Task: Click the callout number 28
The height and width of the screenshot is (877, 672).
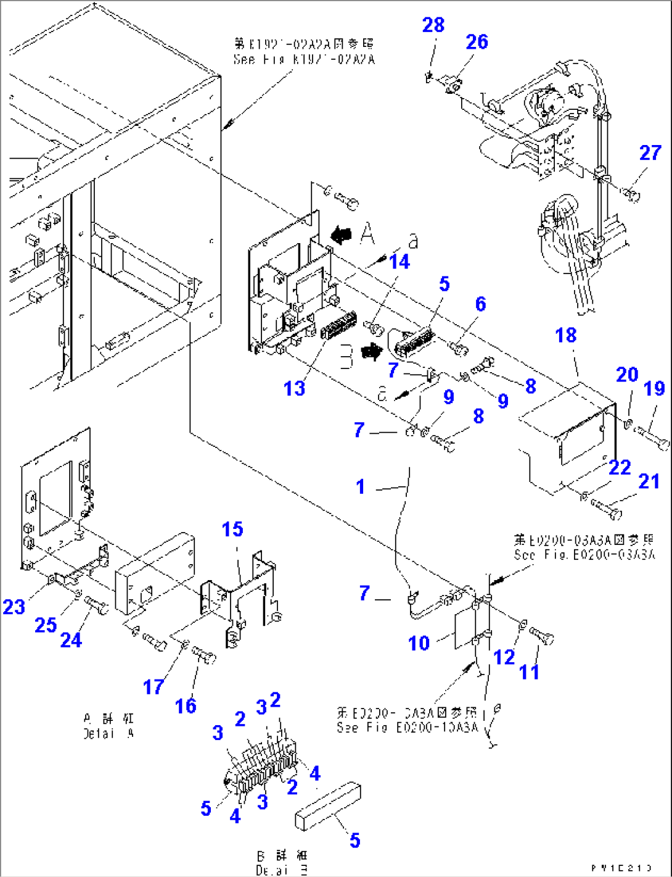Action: pos(433,25)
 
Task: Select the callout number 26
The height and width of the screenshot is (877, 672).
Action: pos(477,42)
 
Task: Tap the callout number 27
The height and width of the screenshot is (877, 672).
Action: pos(650,153)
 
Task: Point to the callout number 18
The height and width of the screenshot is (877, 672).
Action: pos(565,336)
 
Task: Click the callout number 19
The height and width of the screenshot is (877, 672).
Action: pos(654,388)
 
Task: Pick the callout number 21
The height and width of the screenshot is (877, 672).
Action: pos(649,481)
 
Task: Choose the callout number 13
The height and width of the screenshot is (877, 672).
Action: pos(294,389)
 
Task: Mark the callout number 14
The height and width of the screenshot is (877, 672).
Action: pos(399,262)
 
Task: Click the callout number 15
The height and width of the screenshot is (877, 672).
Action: pos(232,530)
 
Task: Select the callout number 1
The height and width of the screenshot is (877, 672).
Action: pos(361,487)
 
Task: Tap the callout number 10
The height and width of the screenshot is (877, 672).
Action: pos(419,644)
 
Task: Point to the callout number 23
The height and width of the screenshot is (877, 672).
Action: pos(14,607)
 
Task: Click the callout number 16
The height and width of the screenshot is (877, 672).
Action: pos(186,705)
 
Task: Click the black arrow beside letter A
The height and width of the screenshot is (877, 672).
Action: pos(341,235)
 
